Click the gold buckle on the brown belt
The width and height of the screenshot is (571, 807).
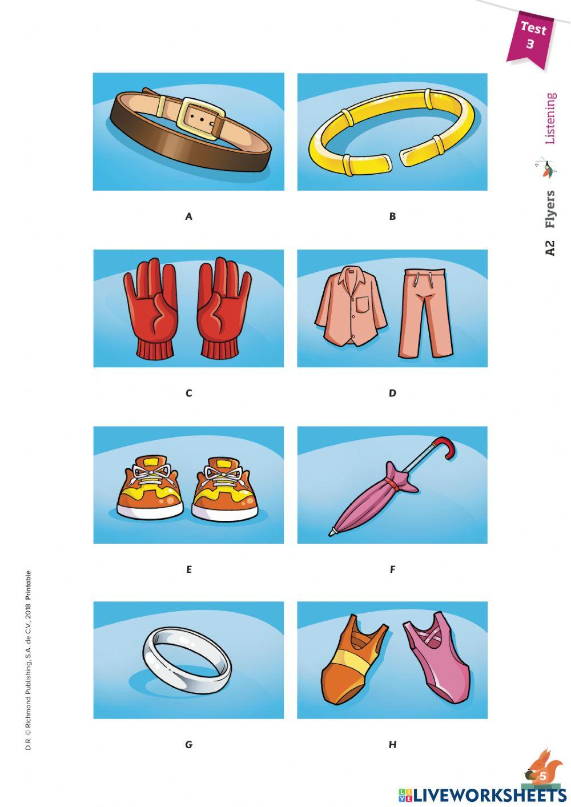point(200,118)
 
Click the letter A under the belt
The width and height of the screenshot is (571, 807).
point(189,216)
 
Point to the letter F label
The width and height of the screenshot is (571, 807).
point(392,569)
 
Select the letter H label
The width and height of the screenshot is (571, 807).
point(392,745)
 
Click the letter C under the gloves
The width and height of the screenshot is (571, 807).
point(189,393)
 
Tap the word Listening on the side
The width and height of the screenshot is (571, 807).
point(549,118)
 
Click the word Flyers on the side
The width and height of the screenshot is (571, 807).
point(549,209)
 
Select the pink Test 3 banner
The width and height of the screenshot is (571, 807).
point(530,37)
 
